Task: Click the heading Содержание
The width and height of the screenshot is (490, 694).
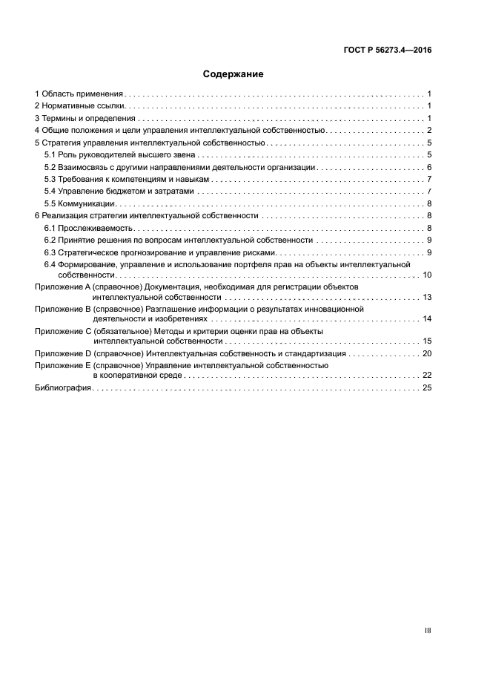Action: pyautogui.click(x=233, y=74)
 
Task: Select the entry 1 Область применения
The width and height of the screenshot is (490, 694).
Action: pyautogui.click(x=79, y=94)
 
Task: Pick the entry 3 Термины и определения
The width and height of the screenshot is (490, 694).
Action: pyautogui.click(x=85, y=118)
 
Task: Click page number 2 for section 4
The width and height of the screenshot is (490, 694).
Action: pyautogui.click(x=429, y=131)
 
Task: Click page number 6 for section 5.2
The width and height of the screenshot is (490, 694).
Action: pyautogui.click(x=429, y=167)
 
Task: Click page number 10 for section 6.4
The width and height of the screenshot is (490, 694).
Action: pyautogui.click(x=427, y=275)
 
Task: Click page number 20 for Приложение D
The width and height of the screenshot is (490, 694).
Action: pyautogui.click(x=427, y=354)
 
